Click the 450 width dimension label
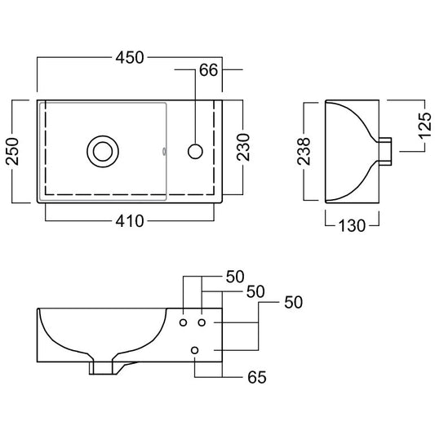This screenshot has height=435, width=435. tap(130, 58)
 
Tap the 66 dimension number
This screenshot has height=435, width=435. tap(209, 70)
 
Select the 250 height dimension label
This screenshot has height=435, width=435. tap(12, 151)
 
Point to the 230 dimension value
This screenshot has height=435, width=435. tap(243, 147)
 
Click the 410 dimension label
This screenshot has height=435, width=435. tap(130, 221)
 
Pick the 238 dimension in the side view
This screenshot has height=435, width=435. tap(304, 151)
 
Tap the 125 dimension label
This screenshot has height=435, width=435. tap(424, 126)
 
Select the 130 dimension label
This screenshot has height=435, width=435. tap(352, 225)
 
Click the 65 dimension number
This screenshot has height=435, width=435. tap(257, 377)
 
